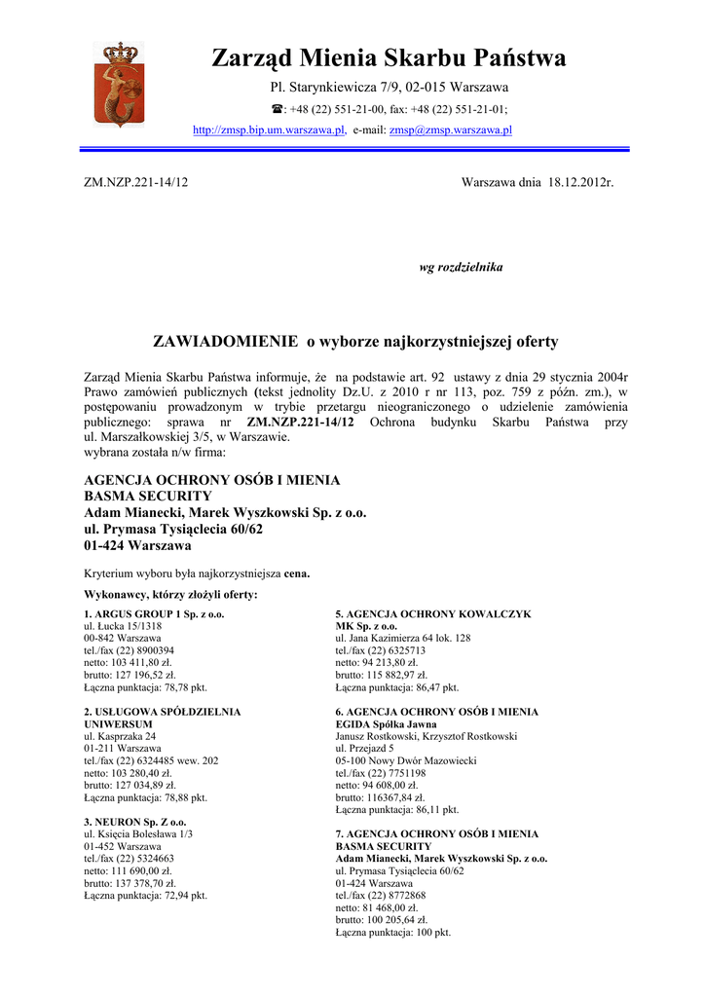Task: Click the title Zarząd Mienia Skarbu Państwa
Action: [x=389, y=58]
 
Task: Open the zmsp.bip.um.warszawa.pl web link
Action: [x=269, y=129]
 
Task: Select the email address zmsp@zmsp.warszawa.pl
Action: [x=451, y=129]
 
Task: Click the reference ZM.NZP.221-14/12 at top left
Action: [x=136, y=182]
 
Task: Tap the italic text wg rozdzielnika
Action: [x=461, y=267]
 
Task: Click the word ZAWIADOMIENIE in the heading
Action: [x=225, y=342]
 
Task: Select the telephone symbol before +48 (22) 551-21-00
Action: [x=277, y=110]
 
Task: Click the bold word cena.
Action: [x=296, y=573]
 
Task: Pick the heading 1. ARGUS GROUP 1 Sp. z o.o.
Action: [x=154, y=614]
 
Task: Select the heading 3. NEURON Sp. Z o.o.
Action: [x=135, y=822]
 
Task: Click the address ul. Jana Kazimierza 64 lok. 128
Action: [x=403, y=638]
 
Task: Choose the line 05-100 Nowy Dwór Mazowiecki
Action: [x=406, y=760]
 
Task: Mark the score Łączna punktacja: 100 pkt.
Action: [x=393, y=932]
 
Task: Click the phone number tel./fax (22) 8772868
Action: [x=381, y=895]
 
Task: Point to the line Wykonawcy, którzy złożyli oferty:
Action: [x=171, y=594]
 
